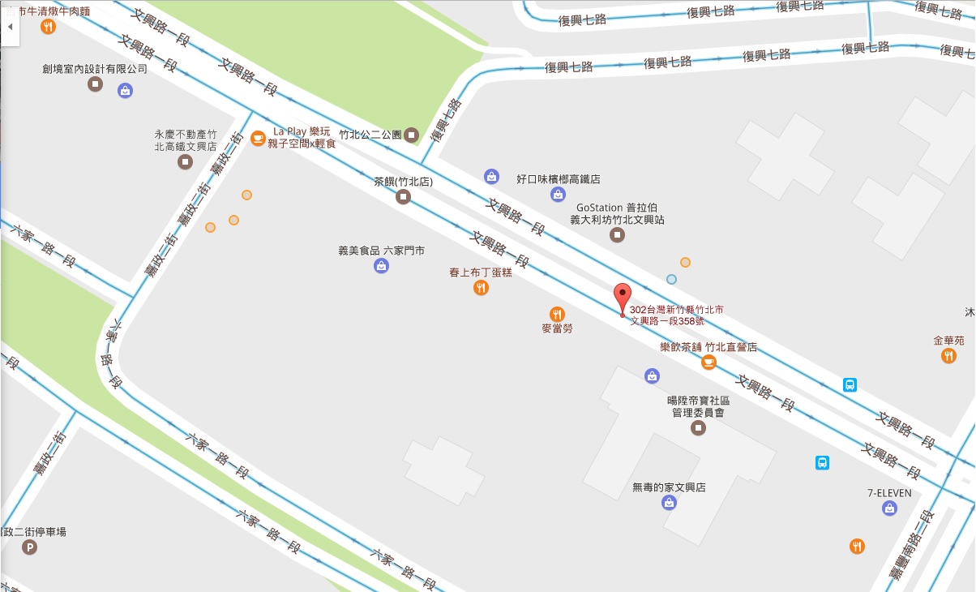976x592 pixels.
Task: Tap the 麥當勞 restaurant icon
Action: pyautogui.click(x=557, y=314)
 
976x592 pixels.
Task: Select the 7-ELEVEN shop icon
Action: pyautogui.click(x=890, y=508)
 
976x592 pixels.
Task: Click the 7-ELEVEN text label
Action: pyautogui.click(x=889, y=492)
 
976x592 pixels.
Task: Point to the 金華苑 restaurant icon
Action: pyautogui.click(x=948, y=356)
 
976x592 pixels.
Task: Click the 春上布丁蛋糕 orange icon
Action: pyautogui.click(x=481, y=287)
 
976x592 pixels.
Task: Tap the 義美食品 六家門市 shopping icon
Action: pyautogui.click(x=381, y=265)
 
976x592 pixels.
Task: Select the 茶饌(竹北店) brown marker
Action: pyautogui.click(x=403, y=197)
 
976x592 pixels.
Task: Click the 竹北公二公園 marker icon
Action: pyautogui.click(x=412, y=135)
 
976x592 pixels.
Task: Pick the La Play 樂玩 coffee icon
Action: pyautogui.click(x=258, y=138)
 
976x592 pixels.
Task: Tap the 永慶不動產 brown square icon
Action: pyautogui.click(x=186, y=162)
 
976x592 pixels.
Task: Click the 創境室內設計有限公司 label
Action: pyautogui.click(x=95, y=69)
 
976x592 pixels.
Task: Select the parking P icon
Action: pyautogui.click(x=31, y=549)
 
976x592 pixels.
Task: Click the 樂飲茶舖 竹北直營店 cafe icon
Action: pyautogui.click(x=708, y=362)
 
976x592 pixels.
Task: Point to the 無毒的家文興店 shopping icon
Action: pyautogui.click(x=669, y=503)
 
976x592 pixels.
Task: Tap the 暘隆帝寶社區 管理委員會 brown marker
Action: pyautogui.click(x=698, y=428)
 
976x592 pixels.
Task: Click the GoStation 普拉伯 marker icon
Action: pyautogui.click(x=617, y=235)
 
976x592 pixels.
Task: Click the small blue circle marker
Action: pyautogui.click(x=671, y=279)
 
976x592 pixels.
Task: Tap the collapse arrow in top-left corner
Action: pyautogui.click(x=10, y=27)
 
